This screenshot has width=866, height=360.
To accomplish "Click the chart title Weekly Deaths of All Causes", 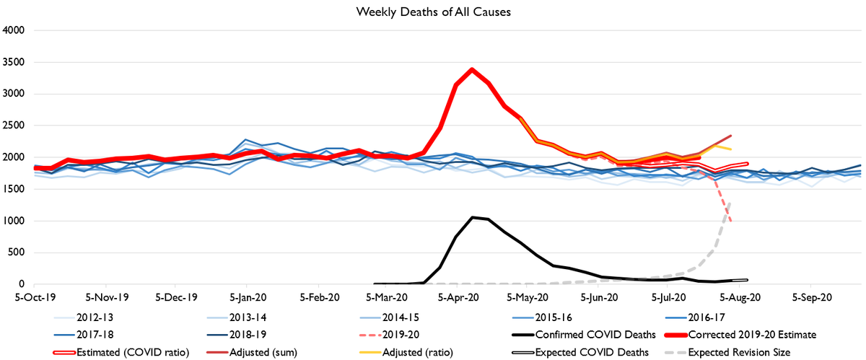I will click(x=432, y=12).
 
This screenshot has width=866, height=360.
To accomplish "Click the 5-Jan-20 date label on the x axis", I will click(x=247, y=296).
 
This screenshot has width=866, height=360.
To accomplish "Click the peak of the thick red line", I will click(x=471, y=69).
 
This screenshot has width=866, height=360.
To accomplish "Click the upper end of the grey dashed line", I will click(x=731, y=202).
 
